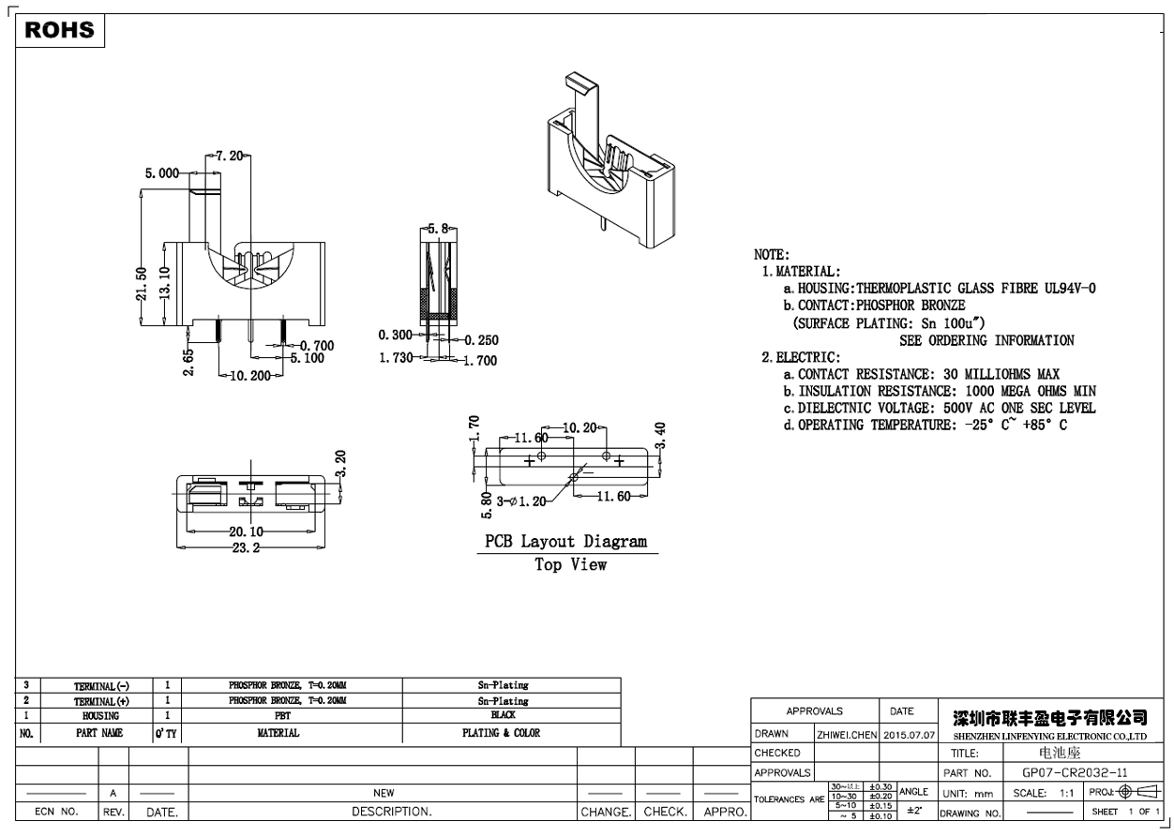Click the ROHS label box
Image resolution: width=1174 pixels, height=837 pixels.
point(60,30)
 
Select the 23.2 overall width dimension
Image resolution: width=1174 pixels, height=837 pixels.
point(246,548)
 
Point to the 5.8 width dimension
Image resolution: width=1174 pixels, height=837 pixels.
point(438,228)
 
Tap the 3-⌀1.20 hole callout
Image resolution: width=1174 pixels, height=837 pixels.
point(521,501)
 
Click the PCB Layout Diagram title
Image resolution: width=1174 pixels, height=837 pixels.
point(565,542)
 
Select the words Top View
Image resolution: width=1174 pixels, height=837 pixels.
point(570,564)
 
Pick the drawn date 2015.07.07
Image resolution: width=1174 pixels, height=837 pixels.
point(909,735)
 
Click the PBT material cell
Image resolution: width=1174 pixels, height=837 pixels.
point(292,715)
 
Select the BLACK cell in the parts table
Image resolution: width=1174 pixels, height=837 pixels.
point(503,715)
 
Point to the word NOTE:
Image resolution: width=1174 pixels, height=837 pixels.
point(772,254)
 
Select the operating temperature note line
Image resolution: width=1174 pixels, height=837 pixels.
point(932,425)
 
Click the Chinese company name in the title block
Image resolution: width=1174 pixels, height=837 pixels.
point(1050,719)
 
